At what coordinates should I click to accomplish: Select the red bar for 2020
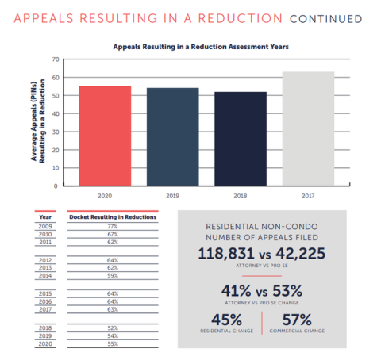105,136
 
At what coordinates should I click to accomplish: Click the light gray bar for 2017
308,128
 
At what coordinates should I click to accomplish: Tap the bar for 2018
241,139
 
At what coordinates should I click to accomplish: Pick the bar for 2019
173,137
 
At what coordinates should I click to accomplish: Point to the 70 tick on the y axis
56,59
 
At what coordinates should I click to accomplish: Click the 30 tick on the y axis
56,132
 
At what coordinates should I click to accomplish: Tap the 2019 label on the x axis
172,196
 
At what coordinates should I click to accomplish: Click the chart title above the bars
201,47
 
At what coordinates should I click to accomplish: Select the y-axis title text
38,121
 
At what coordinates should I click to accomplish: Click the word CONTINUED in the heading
326,19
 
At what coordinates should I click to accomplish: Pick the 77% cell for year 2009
113,227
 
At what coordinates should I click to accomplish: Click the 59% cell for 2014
113,276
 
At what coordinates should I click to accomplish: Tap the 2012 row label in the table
45,260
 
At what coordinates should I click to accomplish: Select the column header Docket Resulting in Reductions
113,217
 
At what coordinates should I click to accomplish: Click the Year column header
45,217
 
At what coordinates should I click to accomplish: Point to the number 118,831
226,253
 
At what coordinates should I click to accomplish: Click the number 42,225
301,253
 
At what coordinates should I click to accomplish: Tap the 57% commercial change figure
297,320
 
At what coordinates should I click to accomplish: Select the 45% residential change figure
226,320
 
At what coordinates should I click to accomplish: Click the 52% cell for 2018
113,328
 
